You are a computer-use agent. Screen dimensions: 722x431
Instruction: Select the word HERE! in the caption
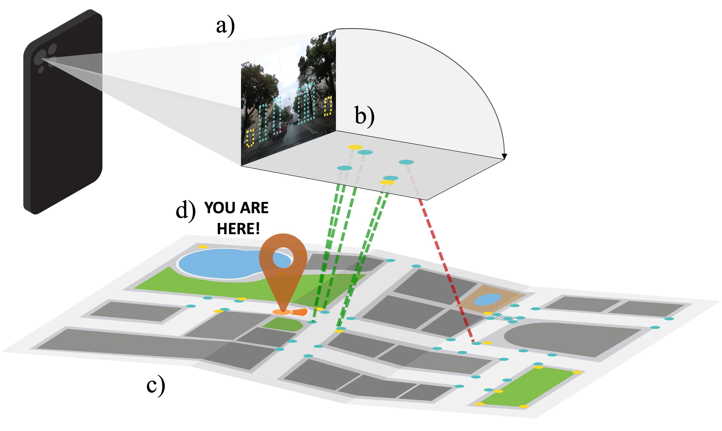(238, 229)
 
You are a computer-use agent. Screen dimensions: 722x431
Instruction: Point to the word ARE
(254, 208)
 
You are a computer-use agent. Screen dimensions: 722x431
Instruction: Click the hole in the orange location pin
(283, 258)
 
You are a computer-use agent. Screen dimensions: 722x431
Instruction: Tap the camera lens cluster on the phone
(45, 57)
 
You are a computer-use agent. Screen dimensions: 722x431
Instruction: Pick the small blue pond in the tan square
(487, 299)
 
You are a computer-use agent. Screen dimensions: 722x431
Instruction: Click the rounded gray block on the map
(569, 339)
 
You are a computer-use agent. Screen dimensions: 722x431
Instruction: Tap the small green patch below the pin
(283, 324)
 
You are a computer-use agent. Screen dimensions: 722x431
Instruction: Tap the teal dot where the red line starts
(406, 162)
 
